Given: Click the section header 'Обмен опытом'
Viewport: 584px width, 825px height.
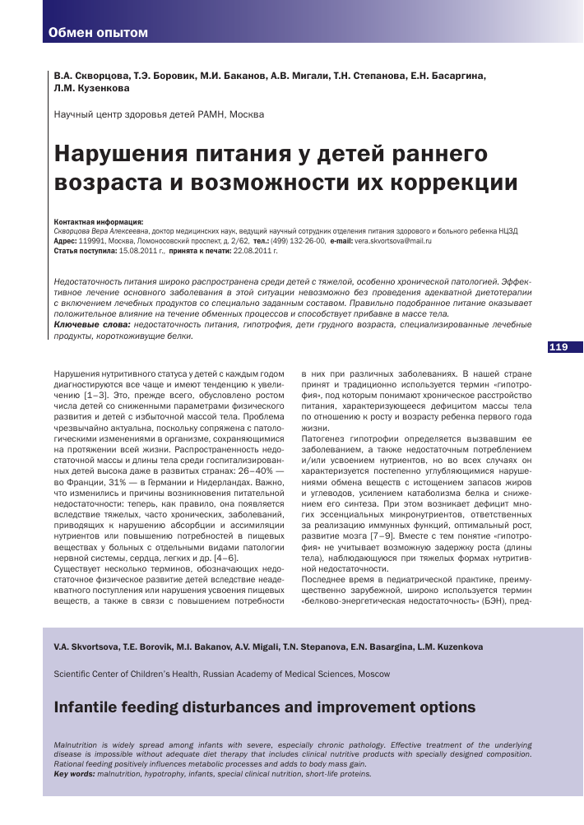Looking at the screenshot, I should (98, 34).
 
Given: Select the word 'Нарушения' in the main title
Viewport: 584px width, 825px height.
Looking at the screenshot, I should (135, 154).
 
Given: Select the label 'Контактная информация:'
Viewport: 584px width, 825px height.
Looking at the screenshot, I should (98, 221).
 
